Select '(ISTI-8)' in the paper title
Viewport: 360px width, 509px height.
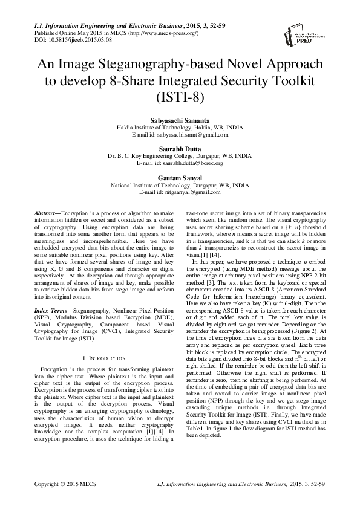click(179, 97)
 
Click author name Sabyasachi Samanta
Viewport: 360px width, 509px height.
click(178, 122)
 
